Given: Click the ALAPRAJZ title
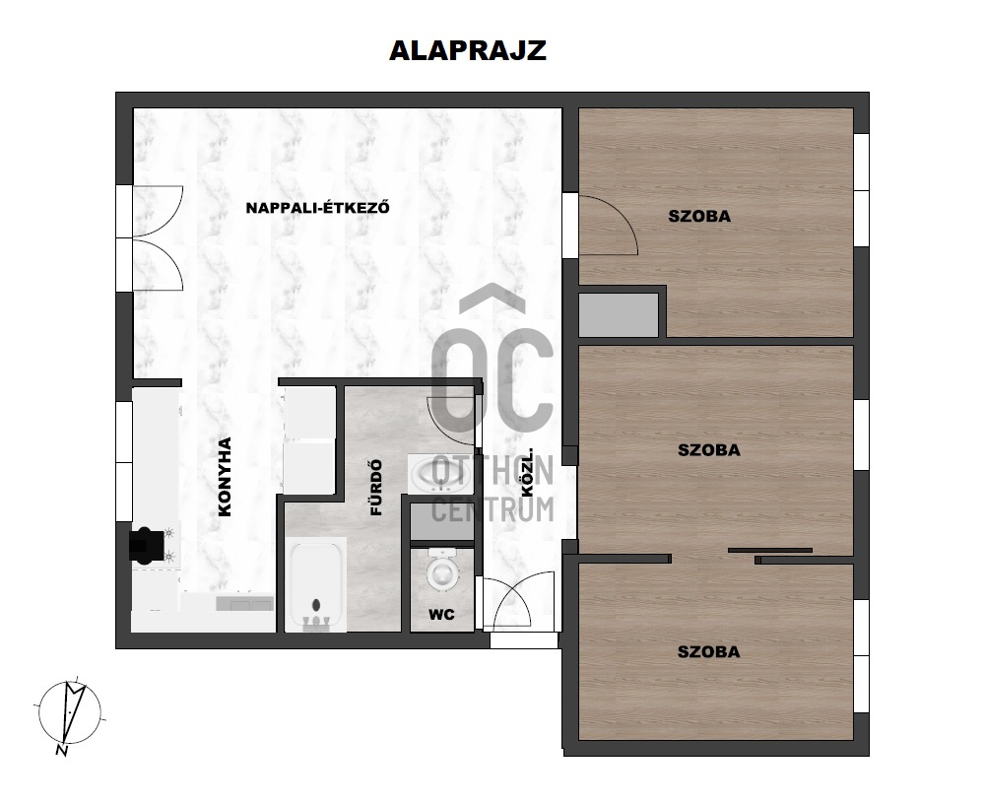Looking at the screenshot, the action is (x=468, y=50).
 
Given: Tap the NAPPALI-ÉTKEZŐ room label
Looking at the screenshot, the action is (x=317, y=208).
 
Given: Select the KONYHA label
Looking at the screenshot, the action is (x=225, y=477).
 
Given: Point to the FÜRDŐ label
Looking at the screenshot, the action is (x=376, y=488).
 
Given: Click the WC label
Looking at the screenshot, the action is (x=441, y=615).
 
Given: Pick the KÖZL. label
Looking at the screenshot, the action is (x=527, y=472).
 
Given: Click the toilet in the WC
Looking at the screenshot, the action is (x=442, y=569).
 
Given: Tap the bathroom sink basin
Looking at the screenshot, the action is (x=439, y=474).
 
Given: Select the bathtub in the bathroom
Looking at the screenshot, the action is (x=316, y=584).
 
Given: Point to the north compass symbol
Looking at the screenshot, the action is (x=70, y=711).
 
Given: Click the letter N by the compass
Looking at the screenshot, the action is (x=61, y=750).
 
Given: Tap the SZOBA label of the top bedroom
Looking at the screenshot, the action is (x=699, y=216).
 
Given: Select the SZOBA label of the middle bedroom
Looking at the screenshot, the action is (x=708, y=450).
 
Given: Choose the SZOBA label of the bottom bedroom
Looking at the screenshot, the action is (x=708, y=652).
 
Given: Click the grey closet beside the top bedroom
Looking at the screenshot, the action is (x=619, y=314).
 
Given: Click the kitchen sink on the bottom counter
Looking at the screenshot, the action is (x=244, y=604).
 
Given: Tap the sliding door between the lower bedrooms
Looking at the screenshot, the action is (x=770, y=551).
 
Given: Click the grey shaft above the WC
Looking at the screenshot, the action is (x=441, y=522).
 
